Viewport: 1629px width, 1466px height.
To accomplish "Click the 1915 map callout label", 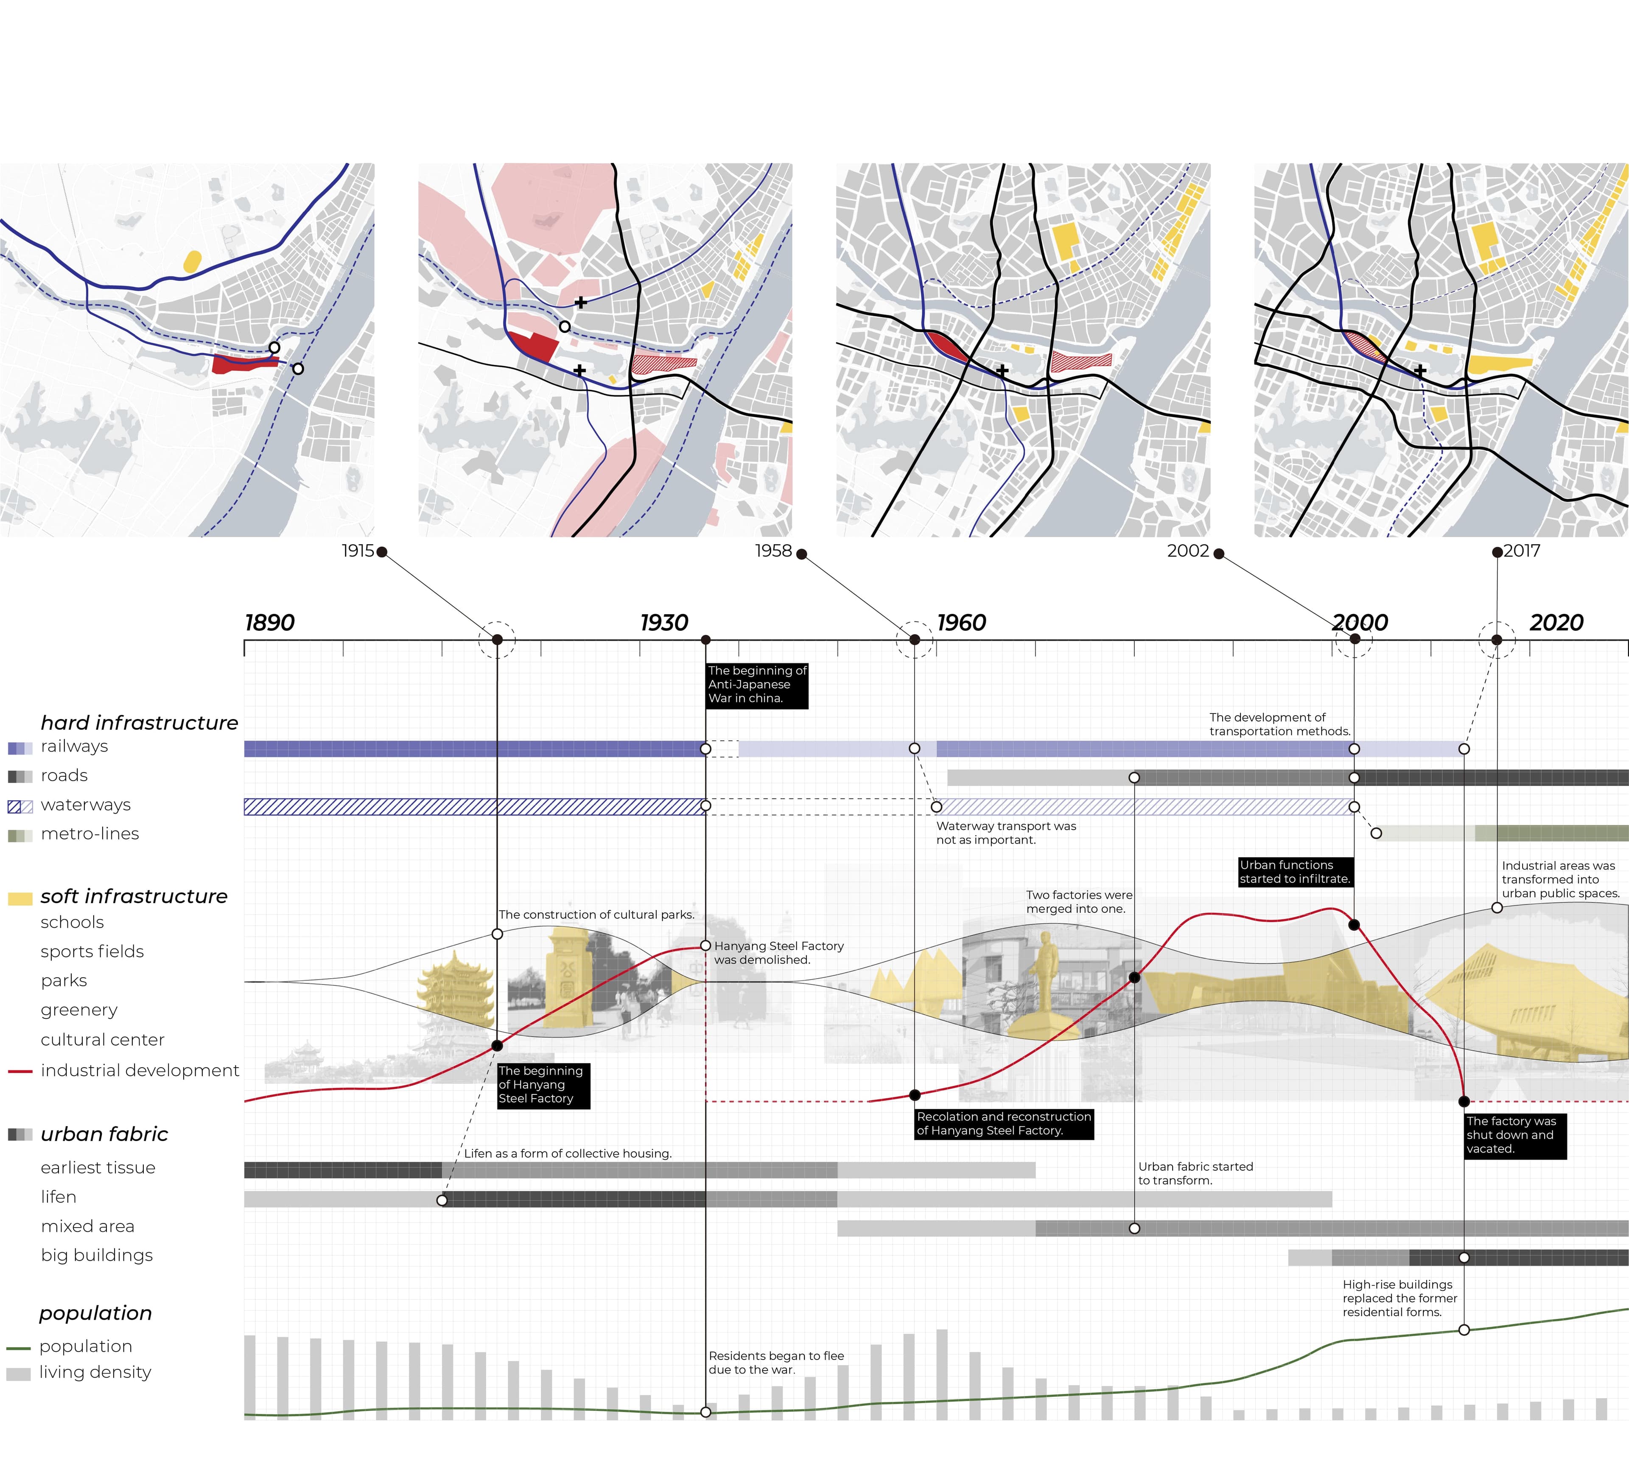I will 358,551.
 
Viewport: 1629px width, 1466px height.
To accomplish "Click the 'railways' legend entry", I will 74,747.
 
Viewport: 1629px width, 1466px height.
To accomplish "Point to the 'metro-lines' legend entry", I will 90,834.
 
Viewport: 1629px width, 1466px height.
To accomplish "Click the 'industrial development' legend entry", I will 140,1071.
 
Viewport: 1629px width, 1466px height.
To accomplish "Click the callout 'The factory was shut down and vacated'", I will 1514,1135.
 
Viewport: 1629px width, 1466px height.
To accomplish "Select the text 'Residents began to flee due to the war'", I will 776,1363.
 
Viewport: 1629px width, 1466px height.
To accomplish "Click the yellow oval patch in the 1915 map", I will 193,261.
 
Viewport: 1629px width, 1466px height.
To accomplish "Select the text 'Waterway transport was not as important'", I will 1005,833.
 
